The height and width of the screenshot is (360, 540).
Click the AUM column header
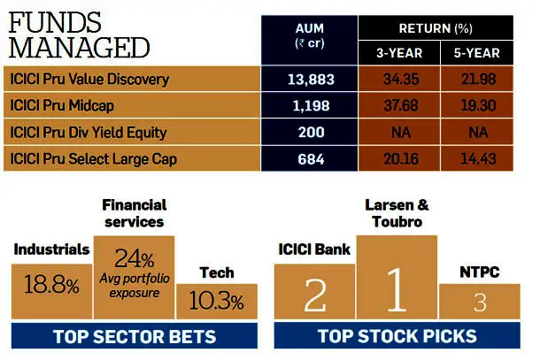(x=309, y=35)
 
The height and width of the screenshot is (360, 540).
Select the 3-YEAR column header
(x=399, y=53)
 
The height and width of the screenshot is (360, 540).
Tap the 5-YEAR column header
(x=476, y=53)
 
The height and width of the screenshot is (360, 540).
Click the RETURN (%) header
(x=436, y=28)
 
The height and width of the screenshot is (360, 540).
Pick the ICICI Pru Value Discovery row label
(x=89, y=79)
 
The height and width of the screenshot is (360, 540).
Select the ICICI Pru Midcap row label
(x=62, y=105)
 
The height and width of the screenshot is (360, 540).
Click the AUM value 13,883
(x=311, y=80)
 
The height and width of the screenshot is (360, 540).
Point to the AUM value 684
(x=311, y=159)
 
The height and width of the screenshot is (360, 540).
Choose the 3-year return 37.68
(x=401, y=105)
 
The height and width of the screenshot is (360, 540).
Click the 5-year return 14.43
(x=478, y=159)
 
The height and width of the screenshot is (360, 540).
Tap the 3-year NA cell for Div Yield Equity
(x=401, y=132)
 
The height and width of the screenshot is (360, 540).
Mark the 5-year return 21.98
(x=478, y=79)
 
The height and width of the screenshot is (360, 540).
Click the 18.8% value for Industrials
(x=51, y=285)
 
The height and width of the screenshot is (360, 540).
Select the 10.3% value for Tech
(x=216, y=300)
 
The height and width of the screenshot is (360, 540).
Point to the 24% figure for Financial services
(x=135, y=258)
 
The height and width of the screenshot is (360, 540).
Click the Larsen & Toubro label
(x=397, y=213)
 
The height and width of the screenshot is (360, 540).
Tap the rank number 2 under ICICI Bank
(x=315, y=295)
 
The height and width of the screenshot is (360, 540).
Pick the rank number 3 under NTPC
(x=480, y=303)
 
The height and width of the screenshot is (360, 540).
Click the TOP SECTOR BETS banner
(x=135, y=336)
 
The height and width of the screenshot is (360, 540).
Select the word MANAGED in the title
(x=79, y=48)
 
